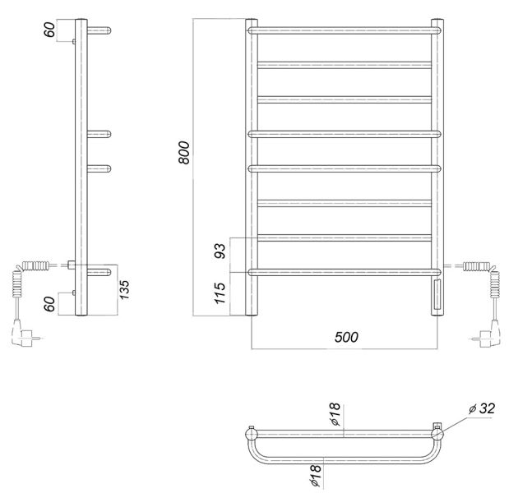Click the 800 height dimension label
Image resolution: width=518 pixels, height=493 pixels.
[x=184, y=153]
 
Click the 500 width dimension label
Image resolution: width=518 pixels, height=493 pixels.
[x=346, y=337]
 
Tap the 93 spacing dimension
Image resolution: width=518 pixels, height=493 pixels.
[x=220, y=251]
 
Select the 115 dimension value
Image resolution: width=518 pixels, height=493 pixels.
[x=220, y=293]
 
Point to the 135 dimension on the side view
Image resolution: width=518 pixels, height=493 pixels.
[x=124, y=290]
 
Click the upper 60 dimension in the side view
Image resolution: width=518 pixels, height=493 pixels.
[x=49, y=30]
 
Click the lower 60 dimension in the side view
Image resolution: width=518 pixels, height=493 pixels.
[x=49, y=304]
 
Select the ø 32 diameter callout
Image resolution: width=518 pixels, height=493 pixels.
[x=482, y=409]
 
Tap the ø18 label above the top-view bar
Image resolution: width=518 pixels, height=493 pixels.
[x=335, y=414]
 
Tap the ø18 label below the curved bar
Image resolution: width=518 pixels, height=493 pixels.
[x=316, y=475]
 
